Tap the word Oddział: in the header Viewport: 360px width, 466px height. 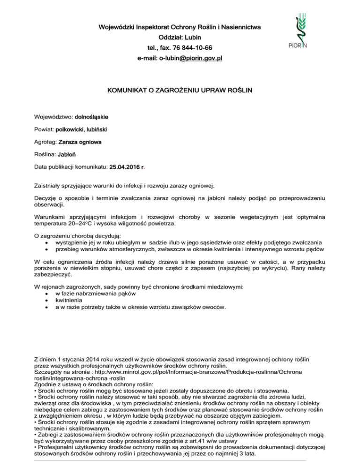[158, 37]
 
